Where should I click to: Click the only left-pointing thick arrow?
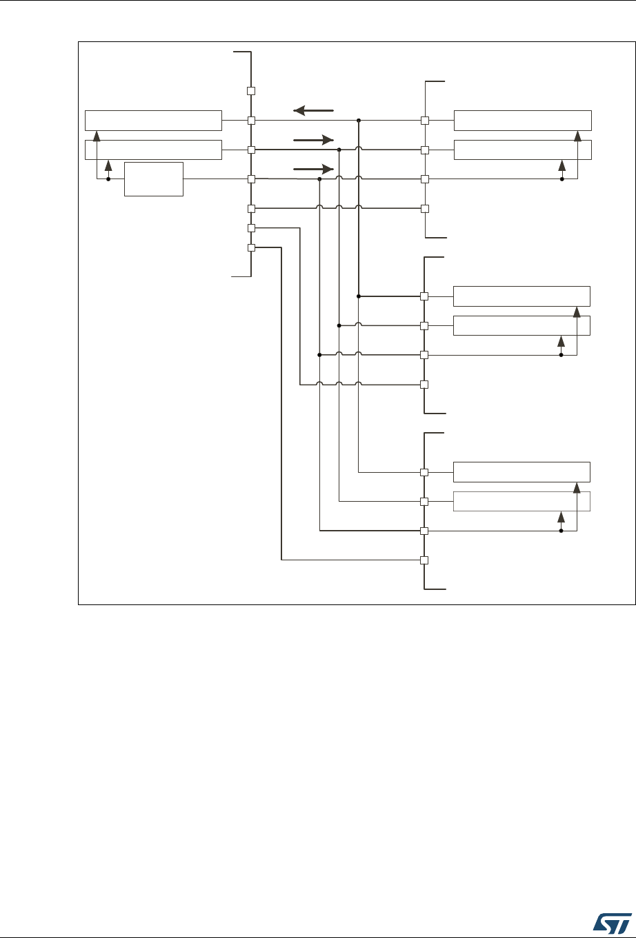[x=313, y=110]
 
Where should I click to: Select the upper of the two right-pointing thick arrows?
[x=313, y=139]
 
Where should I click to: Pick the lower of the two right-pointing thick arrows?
[x=313, y=168]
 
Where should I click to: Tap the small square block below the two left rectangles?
[x=154, y=179]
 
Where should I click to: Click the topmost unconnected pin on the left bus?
[x=252, y=91]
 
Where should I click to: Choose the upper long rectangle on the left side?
[x=153, y=120]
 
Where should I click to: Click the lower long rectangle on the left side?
[x=153, y=150]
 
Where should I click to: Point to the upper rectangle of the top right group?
[x=522, y=120]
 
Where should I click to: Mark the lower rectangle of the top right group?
[x=522, y=150]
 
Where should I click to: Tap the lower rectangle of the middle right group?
[x=521, y=325]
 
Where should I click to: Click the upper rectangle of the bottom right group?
[x=521, y=472]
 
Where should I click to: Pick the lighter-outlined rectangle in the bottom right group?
[x=521, y=501]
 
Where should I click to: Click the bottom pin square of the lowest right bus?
[x=425, y=560]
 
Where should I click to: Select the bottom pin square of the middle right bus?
[x=425, y=384]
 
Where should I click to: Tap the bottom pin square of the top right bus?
[x=425, y=208]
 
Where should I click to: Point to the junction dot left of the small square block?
[x=108, y=179]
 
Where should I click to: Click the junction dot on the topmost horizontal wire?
[x=359, y=121]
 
